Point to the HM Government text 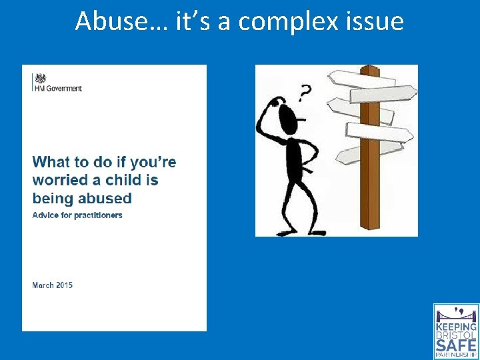pos(58,89)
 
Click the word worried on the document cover pos(60,180)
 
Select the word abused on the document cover pos(105,198)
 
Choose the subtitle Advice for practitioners pos(77,215)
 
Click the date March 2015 pos(53,285)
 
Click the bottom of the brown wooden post pos(369,223)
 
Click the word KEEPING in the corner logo pos(457,327)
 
